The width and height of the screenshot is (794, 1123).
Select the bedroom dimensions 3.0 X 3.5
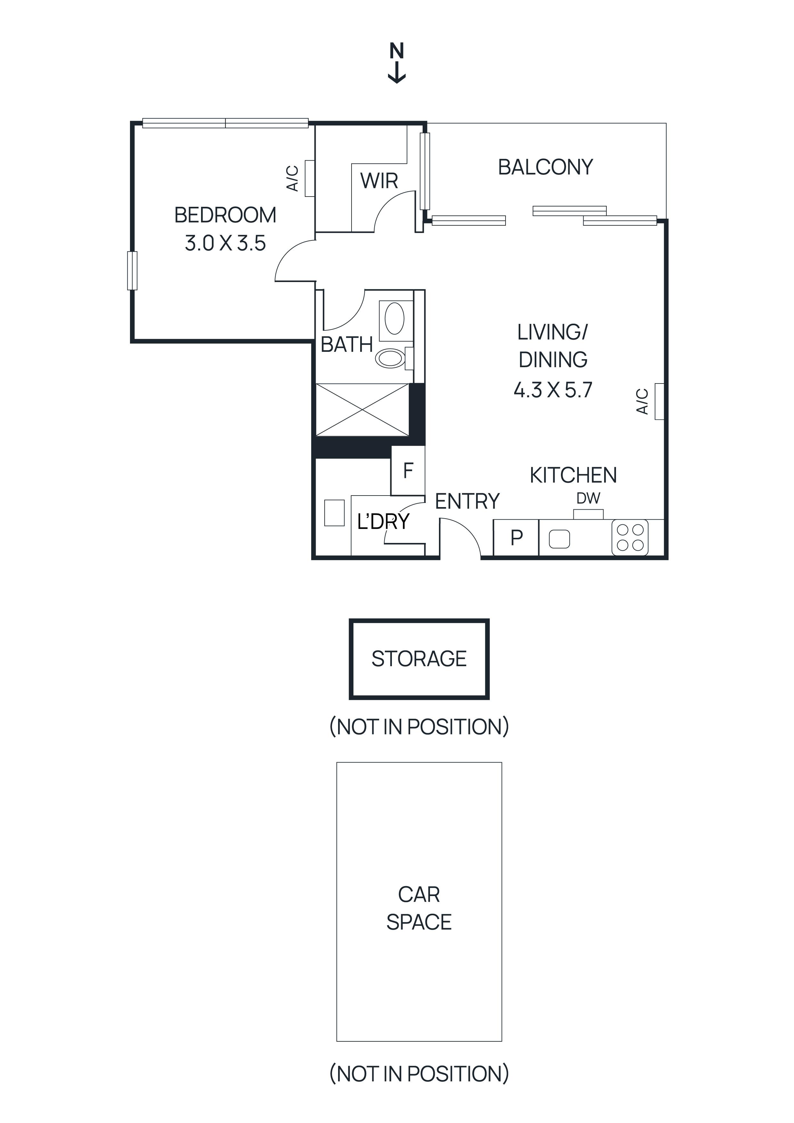[x=225, y=243]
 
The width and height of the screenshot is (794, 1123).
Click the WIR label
[x=379, y=181]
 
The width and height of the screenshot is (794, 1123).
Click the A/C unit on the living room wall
[x=659, y=401]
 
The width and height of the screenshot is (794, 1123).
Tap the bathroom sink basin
[x=395, y=319]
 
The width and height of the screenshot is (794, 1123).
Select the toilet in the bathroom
[x=391, y=358]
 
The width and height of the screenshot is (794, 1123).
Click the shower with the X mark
[x=362, y=410]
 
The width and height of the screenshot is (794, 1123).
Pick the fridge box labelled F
[x=408, y=471]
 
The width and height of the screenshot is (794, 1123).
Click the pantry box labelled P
[x=516, y=537]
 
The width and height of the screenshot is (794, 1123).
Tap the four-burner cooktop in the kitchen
[x=630, y=537]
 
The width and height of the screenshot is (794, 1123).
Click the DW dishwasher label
[x=588, y=498]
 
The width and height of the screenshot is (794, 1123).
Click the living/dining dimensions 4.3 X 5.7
[x=553, y=390]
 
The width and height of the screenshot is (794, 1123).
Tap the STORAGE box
[x=419, y=659]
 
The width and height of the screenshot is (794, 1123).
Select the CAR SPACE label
[x=419, y=908]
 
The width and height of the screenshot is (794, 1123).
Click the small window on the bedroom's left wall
[x=132, y=271]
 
